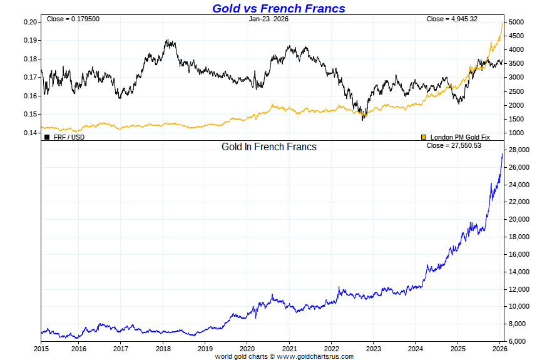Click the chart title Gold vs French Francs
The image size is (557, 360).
click(x=278, y=8)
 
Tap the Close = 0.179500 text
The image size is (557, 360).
click(x=73, y=19)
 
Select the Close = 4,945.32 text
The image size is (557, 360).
click(x=452, y=19)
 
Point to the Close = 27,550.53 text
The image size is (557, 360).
click(x=453, y=146)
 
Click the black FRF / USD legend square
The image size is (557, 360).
click(x=47, y=136)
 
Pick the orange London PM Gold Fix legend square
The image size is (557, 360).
click(x=424, y=136)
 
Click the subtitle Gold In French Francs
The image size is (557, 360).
click(x=269, y=147)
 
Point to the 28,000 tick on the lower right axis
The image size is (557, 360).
click(x=520, y=150)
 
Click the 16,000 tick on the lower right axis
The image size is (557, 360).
click(x=520, y=254)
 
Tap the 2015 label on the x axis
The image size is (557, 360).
click(x=41, y=348)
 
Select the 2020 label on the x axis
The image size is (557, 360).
click(x=247, y=348)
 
